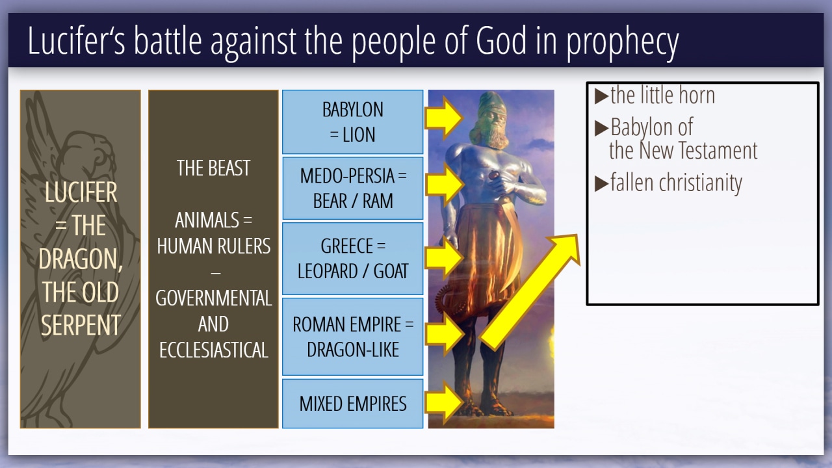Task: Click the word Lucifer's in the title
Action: pyautogui.click(x=76, y=40)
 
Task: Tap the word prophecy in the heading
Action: pyautogui.click(x=622, y=43)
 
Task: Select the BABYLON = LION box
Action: pyautogui.click(x=352, y=122)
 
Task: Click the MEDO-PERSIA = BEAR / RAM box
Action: pyautogui.click(x=352, y=188)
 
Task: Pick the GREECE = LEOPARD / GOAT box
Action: pyautogui.click(x=352, y=259)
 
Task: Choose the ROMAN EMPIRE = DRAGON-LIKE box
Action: pyautogui.click(x=352, y=337)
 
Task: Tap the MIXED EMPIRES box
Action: pyautogui.click(x=352, y=404)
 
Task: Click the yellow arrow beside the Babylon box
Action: pyautogui.click(x=443, y=118)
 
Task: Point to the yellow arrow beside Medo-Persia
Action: pyautogui.click(x=444, y=185)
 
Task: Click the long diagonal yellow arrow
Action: pyautogui.click(x=530, y=292)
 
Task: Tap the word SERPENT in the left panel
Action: pyautogui.click(x=81, y=325)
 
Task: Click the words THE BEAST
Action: pyautogui.click(x=213, y=168)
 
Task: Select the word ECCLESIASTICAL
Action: pyautogui.click(x=214, y=350)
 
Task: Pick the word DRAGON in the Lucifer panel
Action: pyautogui.click(x=80, y=259)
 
